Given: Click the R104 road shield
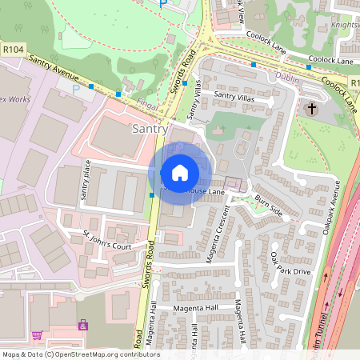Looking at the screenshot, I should pyautogui.click(x=11, y=50).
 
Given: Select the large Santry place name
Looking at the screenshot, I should pyautogui.click(x=150, y=129).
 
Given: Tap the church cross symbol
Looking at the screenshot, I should pyautogui.click(x=311, y=108).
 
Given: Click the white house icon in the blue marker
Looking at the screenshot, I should pyautogui.click(x=179, y=173).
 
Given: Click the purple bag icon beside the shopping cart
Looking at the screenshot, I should pyautogui.click(x=82, y=326).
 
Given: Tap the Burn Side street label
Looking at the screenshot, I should pyautogui.click(x=269, y=206).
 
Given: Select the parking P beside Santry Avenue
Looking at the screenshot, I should pyautogui.click(x=78, y=89).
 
